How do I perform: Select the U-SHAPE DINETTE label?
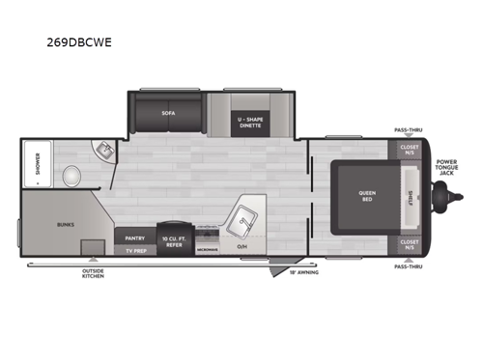pos(249,122)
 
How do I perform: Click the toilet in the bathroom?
pos(69,177)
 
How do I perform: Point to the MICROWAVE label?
pos(207,249)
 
